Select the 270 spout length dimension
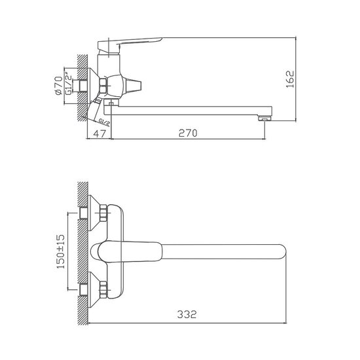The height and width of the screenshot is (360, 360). click(188, 133)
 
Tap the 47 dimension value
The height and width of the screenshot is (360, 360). click(99, 133)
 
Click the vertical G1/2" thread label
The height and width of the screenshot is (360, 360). click(67, 85)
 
